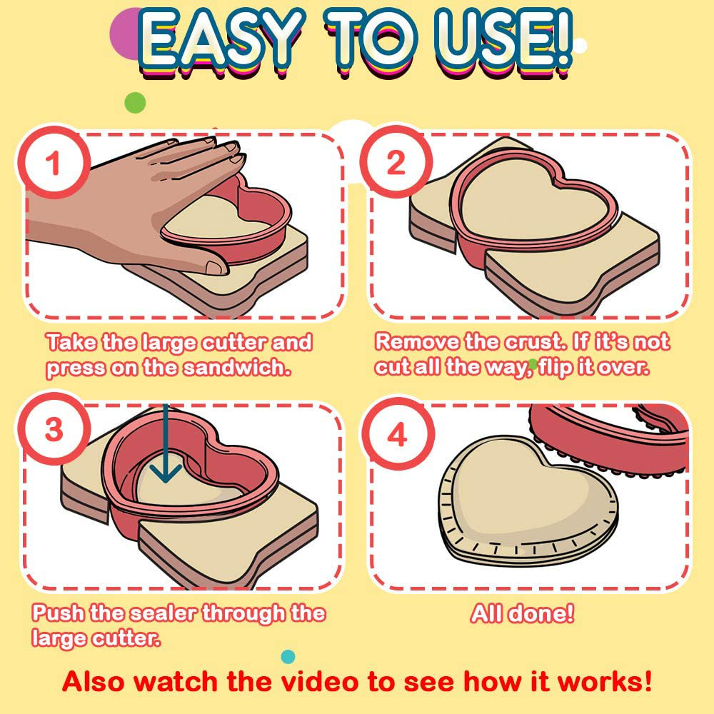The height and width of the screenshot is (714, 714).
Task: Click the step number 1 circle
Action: click(54, 162)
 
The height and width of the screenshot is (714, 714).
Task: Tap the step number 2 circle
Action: click(396, 161)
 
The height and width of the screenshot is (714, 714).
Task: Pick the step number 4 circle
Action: click(398, 434)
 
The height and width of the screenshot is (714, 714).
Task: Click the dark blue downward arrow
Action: click(166, 444)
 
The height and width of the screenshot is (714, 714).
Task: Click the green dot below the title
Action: click(135, 102)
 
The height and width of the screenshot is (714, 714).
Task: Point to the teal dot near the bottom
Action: click(288, 657)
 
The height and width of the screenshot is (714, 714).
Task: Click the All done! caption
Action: click(523, 613)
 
